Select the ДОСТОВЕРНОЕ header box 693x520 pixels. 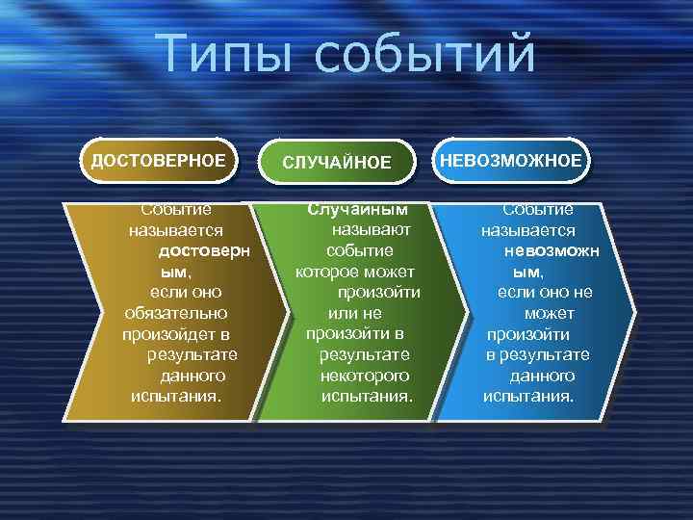158,160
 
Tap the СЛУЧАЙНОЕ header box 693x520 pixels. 337,163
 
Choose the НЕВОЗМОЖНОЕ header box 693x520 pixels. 511,160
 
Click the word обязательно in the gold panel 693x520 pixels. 176,313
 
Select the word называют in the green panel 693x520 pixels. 372,229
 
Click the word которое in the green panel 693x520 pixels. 326,272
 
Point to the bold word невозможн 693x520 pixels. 551,251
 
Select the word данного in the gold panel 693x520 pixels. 192,376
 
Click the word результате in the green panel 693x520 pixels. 365,354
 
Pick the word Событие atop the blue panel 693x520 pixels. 538,209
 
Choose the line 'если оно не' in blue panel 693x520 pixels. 545,293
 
